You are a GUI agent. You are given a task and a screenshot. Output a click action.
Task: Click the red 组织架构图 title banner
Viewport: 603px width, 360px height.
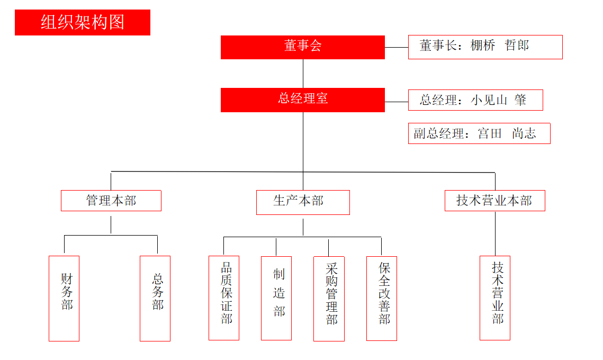tap(83, 22)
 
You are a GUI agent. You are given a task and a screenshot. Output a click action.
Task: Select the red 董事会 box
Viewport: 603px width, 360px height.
tap(302, 47)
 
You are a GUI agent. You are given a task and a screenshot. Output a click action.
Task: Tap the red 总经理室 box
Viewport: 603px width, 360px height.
tap(302, 100)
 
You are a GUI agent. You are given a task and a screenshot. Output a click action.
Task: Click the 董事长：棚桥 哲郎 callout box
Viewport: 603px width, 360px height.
tap(485, 47)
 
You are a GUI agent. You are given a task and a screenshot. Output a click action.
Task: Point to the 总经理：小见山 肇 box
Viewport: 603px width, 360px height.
tap(475, 100)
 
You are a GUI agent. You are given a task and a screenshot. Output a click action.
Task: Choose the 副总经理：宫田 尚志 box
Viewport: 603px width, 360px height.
tap(479, 133)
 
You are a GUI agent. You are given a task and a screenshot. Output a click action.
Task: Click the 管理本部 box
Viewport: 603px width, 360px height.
tap(111, 201)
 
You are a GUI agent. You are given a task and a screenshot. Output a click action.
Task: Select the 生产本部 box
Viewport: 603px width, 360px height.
tap(303, 202)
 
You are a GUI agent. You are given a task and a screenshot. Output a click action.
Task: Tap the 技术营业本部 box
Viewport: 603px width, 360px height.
tap(494, 201)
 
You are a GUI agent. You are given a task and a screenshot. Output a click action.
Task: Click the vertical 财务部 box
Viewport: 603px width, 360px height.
tap(64, 298)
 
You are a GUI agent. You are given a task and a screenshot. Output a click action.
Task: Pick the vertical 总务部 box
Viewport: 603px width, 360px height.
tap(155, 298)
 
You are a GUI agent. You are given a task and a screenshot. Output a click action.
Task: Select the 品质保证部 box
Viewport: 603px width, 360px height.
tap(224, 298)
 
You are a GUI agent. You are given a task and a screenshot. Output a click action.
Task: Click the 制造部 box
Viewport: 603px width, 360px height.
tap(276, 298)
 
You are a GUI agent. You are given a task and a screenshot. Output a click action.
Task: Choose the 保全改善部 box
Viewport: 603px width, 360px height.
tap(382, 298)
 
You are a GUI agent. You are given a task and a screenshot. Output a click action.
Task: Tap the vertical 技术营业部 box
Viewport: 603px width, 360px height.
tap(495, 298)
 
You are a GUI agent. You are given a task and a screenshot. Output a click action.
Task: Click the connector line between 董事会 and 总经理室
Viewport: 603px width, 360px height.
tap(303, 74)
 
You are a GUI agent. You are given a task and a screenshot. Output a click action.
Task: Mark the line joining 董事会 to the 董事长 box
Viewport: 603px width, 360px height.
tap(397, 47)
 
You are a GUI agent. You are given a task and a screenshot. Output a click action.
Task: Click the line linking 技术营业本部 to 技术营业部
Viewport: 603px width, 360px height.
tap(495, 233)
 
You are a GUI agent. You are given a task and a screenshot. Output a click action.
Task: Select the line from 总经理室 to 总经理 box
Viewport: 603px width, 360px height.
tap(397, 101)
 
